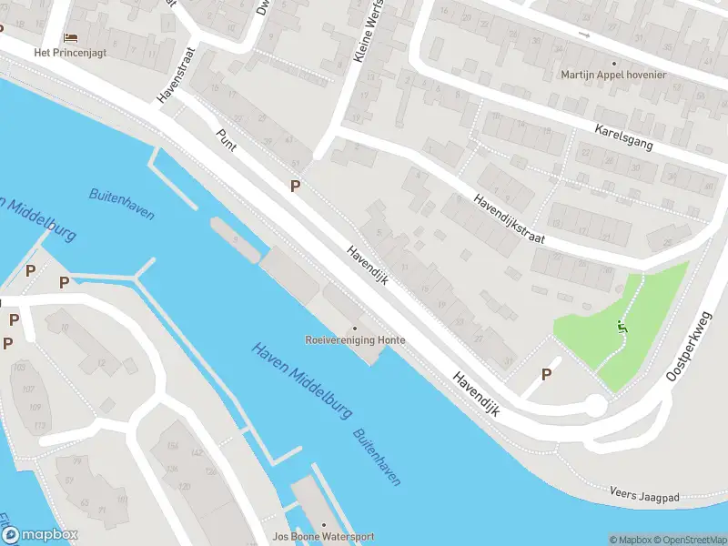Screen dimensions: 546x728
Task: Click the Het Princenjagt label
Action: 70,53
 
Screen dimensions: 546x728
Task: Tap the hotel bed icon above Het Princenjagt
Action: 70,38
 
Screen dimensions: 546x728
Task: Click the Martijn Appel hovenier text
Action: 613,75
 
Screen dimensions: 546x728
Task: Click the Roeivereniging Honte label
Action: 355,340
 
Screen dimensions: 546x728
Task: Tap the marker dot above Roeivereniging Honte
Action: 355,328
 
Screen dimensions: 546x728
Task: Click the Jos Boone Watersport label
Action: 323,537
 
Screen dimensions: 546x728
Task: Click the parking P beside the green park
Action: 547,374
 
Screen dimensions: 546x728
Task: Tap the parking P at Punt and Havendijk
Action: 294,186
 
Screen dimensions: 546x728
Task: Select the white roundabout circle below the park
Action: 595,406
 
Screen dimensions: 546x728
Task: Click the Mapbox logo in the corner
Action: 40,534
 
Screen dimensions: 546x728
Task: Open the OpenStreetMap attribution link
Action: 687,540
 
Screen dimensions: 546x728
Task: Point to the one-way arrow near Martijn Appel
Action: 583,35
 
